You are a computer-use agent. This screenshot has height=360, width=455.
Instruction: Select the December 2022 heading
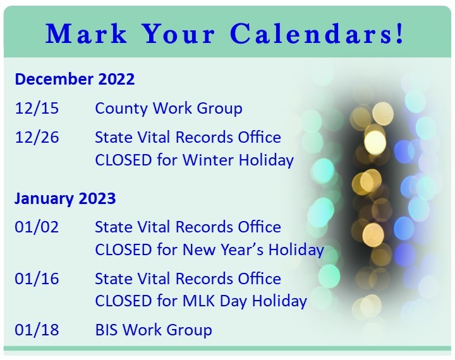(x=75, y=80)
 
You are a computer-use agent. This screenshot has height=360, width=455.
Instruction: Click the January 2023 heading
(x=65, y=199)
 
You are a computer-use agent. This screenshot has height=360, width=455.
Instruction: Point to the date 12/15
(x=37, y=109)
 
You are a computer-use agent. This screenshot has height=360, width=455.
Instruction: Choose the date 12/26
(x=37, y=138)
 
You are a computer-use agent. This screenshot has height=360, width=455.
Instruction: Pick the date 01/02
(x=37, y=227)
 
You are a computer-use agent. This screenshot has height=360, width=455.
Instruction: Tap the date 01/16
(x=37, y=279)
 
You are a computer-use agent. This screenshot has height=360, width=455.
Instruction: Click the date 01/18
(x=37, y=330)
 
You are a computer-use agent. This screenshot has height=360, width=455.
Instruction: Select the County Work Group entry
(x=168, y=109)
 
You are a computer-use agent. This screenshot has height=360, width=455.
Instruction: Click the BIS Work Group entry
(x=153, y=330)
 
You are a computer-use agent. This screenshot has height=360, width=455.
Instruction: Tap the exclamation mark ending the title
(x=399, y=34)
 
